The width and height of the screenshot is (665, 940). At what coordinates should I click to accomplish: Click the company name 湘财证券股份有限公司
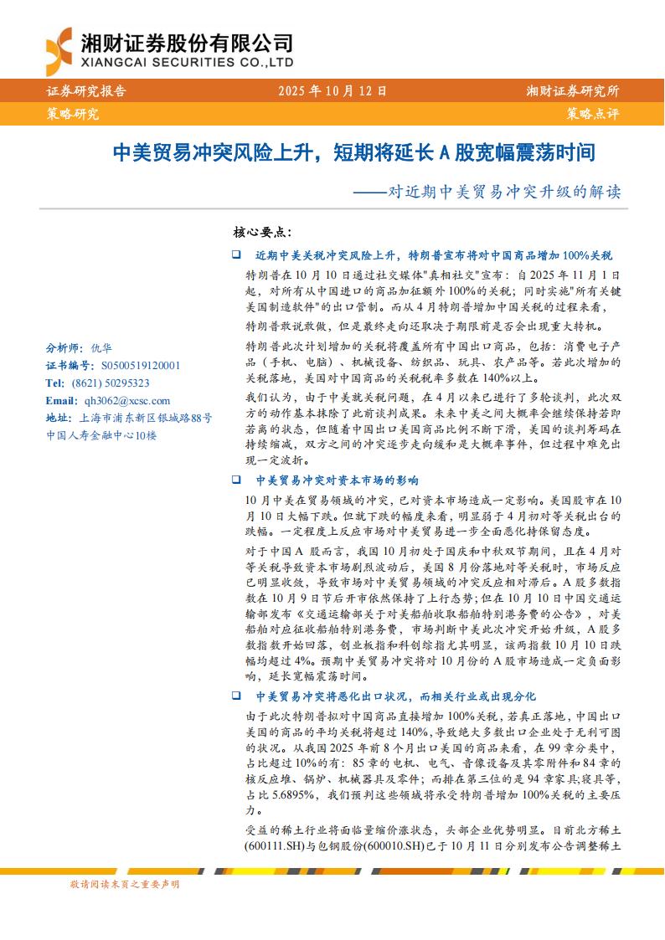pyautogui.click(x=186, y=41)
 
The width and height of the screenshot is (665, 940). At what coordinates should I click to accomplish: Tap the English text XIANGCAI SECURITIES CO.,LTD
pyautogui.click(x=186, y=62)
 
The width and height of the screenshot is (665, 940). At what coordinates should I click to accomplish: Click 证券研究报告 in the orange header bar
pyautogui.click(x=86, y=91)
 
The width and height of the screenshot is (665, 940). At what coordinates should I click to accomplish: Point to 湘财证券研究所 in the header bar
pyautogui.click(x=573, y=91)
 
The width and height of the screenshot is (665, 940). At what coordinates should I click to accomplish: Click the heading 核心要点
pyautogui.click(x=261, y=231)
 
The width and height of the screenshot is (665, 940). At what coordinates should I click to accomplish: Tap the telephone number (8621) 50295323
pyautogui.click(x=109, y=383)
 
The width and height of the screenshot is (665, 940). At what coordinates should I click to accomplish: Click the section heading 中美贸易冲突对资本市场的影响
pyautogui.click(x=337, y=480)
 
